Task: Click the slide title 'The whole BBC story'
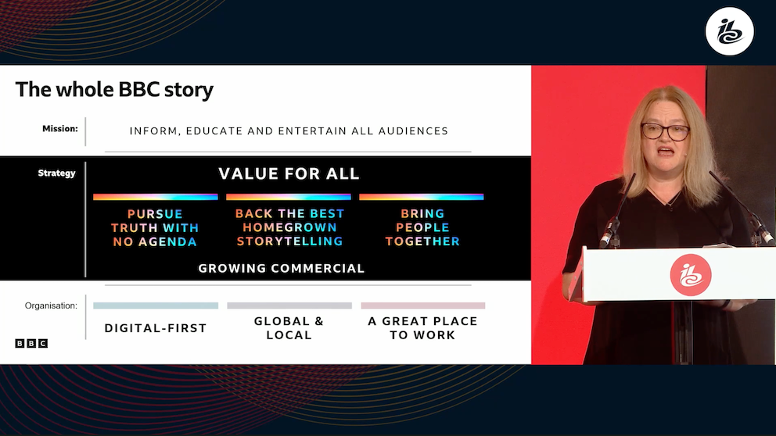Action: click(x=114, y=90)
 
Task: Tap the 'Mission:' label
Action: click(x=60, y=128)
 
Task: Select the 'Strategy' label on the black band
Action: click(x=57, y=173)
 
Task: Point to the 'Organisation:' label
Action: click(x=51, y=306)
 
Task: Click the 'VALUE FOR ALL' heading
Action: click(x=289, y=173)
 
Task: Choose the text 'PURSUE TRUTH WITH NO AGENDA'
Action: click(x=155, y=228)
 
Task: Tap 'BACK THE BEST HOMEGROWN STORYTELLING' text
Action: click(x=289, y=227)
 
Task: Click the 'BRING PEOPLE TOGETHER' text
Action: click(x=422, y=227)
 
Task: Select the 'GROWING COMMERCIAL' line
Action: click(x=281, y=269)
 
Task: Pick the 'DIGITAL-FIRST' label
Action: click(x=156, y=328)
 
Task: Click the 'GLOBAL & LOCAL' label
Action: click(x=289, y=327)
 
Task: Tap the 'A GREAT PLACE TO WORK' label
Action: click(x=422, y=327)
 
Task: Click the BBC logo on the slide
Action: click(x=31, y=343)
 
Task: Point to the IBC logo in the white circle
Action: click(x=730, y=31)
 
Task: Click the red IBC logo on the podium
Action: click(x=691, y=275)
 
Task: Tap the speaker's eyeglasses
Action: click(x=665, y=131)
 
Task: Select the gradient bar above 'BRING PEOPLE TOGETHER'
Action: click(x=422, y=197)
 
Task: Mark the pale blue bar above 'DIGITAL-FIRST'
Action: click(x=156, y=306)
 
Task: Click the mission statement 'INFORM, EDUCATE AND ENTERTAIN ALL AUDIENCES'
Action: click(x=289, y=131)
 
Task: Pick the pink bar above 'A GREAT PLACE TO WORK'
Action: click(x=423, y=306)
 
